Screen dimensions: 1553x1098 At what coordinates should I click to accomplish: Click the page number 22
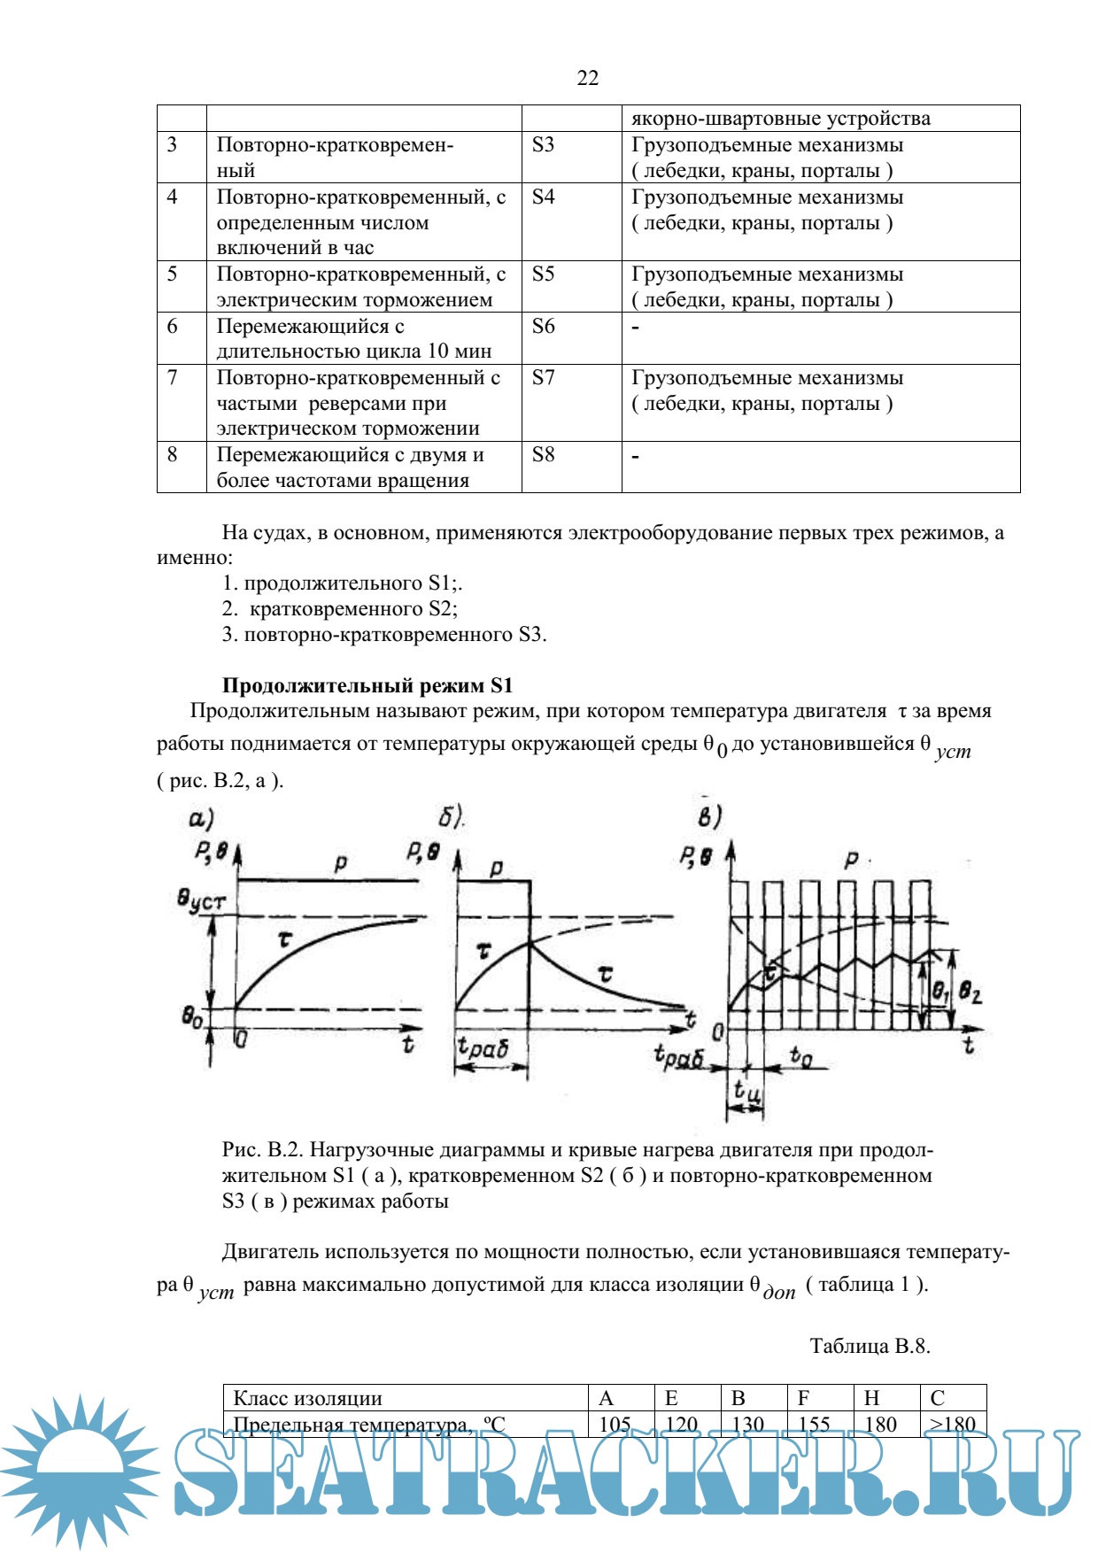[x=588, y=79]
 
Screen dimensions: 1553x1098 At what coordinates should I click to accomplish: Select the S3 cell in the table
[x=544, y=145]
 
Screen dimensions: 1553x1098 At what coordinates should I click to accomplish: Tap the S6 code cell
[x=544, y=327]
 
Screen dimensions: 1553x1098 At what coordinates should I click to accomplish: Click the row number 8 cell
[x=173, y=455]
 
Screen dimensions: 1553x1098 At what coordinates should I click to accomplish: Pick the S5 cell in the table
[x=544, y=274]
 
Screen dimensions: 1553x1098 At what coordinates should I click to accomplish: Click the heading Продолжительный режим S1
[x=367, y=685]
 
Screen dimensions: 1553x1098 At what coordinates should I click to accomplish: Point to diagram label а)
[x=202, y=818]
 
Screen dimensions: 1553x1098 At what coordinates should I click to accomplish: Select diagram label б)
[x=452, y=816]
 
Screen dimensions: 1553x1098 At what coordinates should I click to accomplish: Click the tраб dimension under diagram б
[x=483, y=1048]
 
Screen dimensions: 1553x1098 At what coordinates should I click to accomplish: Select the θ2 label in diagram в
[x=970, y=993]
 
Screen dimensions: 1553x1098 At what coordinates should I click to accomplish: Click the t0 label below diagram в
[x=800, y=1055]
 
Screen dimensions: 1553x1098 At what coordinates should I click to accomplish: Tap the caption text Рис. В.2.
[x=262, y=1150]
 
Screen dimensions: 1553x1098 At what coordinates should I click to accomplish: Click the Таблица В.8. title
[x=870, y=1346]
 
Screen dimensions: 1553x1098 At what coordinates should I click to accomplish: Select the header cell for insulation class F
[x=804, y=1398]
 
